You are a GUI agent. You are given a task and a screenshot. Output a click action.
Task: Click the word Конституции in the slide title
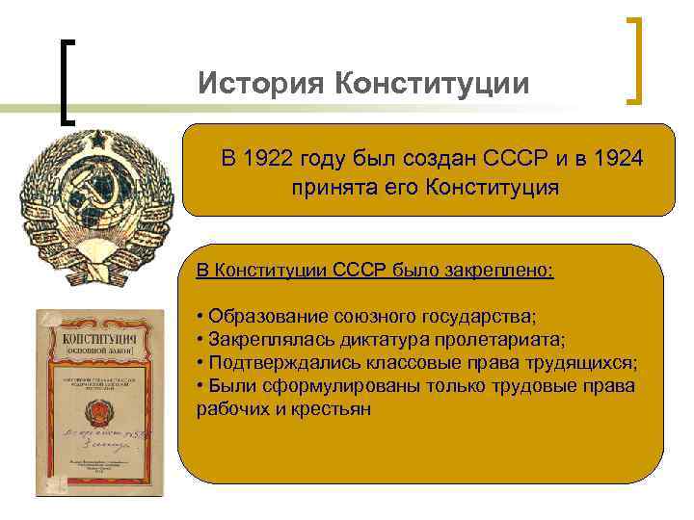432,84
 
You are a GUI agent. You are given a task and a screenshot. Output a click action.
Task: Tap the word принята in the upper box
334,186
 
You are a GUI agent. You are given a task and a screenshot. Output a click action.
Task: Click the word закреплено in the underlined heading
502,271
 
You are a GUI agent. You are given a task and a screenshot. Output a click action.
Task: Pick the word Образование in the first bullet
266,317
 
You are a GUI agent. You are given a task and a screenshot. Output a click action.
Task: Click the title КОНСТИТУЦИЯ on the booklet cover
97,339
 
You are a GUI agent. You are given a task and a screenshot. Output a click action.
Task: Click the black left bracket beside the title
65,82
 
